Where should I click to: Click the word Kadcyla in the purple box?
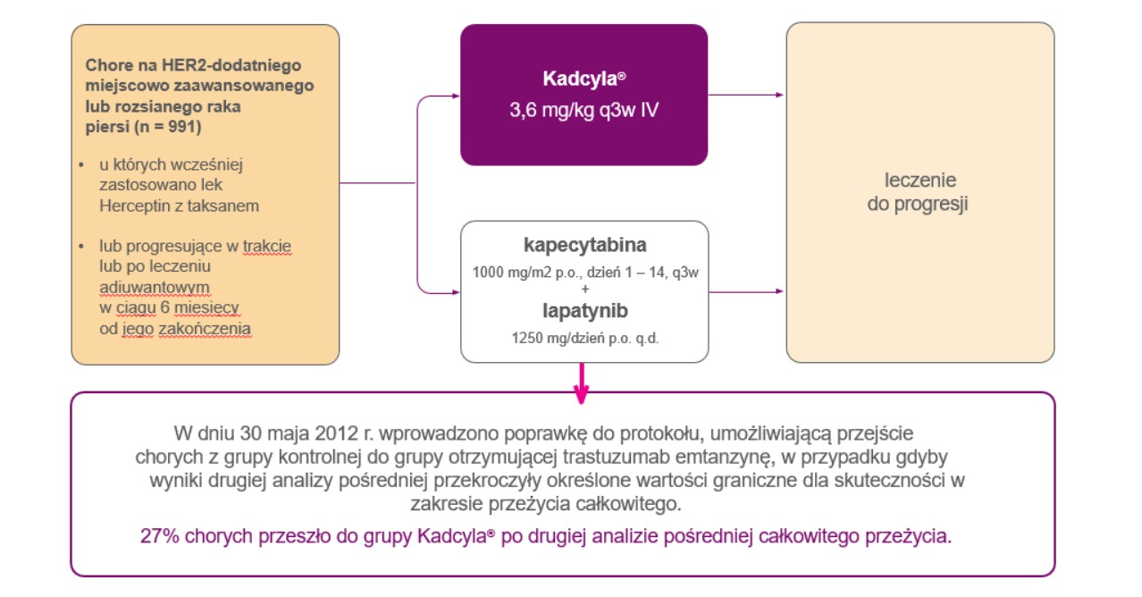580,79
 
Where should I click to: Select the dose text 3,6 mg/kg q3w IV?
584,110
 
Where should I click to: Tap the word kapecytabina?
584,245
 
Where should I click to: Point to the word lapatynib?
584,310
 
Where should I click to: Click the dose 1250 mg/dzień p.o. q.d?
584,338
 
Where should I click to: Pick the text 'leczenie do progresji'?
919,192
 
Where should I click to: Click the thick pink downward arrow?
581,383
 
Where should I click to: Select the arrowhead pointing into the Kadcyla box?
455,96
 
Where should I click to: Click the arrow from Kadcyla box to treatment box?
746,95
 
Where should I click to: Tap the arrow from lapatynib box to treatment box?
746,291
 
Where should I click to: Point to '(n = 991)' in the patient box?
168,127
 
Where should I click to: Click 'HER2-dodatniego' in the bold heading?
231,65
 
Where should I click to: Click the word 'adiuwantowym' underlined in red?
155,288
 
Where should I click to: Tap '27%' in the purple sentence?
160,536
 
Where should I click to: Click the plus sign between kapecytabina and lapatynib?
584,290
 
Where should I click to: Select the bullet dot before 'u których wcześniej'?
81,165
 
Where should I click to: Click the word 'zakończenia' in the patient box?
205,329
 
